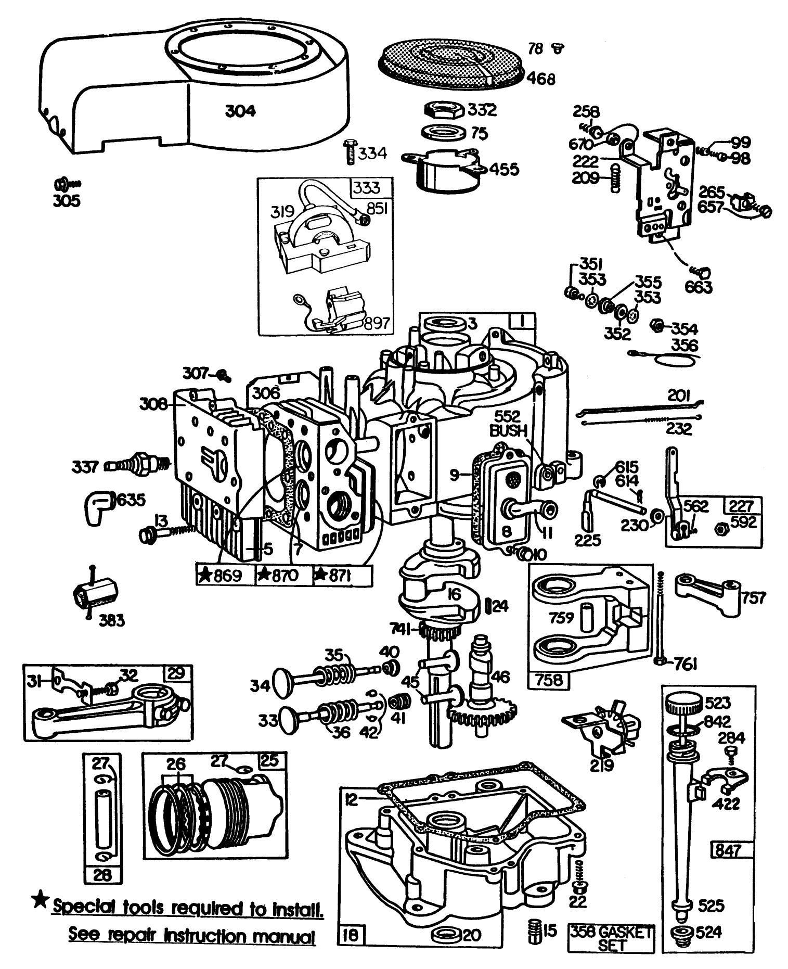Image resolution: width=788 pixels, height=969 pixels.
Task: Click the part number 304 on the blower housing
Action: [x=240, y=111]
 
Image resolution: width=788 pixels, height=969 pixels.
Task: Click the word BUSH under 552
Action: [x=509, y=431]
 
